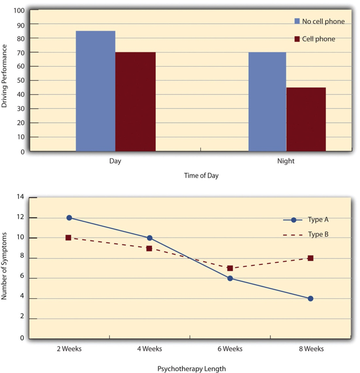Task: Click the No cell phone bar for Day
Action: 95,91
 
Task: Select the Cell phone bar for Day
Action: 135,102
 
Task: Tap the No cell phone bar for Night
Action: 266,102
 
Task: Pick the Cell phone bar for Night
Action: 306,120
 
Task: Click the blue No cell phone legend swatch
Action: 297,21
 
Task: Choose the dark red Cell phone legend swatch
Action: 297,39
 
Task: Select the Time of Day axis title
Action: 202,176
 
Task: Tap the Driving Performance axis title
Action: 5,77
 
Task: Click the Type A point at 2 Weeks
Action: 69,217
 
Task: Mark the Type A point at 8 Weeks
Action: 311,299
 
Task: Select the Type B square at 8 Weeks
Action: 311,258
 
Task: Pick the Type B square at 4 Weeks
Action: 149,248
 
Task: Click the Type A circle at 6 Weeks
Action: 230,278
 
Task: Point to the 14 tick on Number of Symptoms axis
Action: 20,197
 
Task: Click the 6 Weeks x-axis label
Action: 230,348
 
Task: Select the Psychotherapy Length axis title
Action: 192,368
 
